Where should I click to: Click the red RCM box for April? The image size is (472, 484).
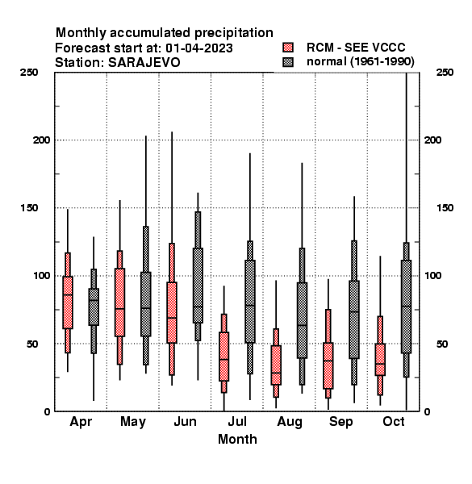68,302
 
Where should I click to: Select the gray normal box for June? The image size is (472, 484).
198,286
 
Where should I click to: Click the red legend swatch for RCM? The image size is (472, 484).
288,48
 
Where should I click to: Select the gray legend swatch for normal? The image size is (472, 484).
288,62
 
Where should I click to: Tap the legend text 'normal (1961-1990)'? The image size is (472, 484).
360,62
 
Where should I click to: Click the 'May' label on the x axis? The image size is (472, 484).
133,422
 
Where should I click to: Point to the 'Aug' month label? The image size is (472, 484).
290,422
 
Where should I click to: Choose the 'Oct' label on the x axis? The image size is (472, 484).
394,421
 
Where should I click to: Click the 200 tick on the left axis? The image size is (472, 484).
41,140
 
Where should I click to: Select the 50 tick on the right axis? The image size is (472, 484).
442,344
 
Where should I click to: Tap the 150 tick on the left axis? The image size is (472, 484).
29,208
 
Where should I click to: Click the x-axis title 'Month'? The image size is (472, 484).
237,439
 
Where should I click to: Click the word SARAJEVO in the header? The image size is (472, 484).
144,62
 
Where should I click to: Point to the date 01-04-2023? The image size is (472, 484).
199,48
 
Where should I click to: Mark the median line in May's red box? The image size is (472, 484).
119,309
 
